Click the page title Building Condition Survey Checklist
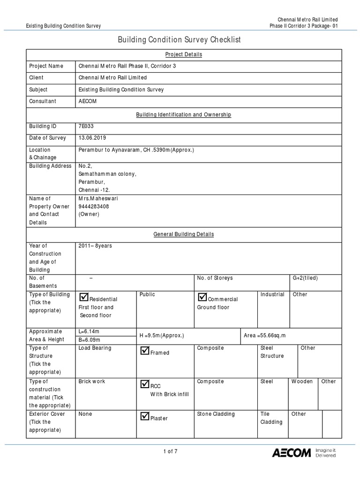tap(180, 40)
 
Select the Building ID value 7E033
tap(87, 126)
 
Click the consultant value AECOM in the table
tap(88, 101)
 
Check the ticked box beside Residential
tap(84, 296)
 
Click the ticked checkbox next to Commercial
tap(202, 296)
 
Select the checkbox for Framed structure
tap(144, 350)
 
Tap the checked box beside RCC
tap(144, 384)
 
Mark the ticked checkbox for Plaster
tap(144, 416)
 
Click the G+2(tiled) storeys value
tap(305, 278)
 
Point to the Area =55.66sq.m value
tap(265, 336)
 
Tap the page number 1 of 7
tap(170, 451)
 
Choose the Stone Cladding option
tap(216, 414)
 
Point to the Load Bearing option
tap(95, 348)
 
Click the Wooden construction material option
tap(302, 381)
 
